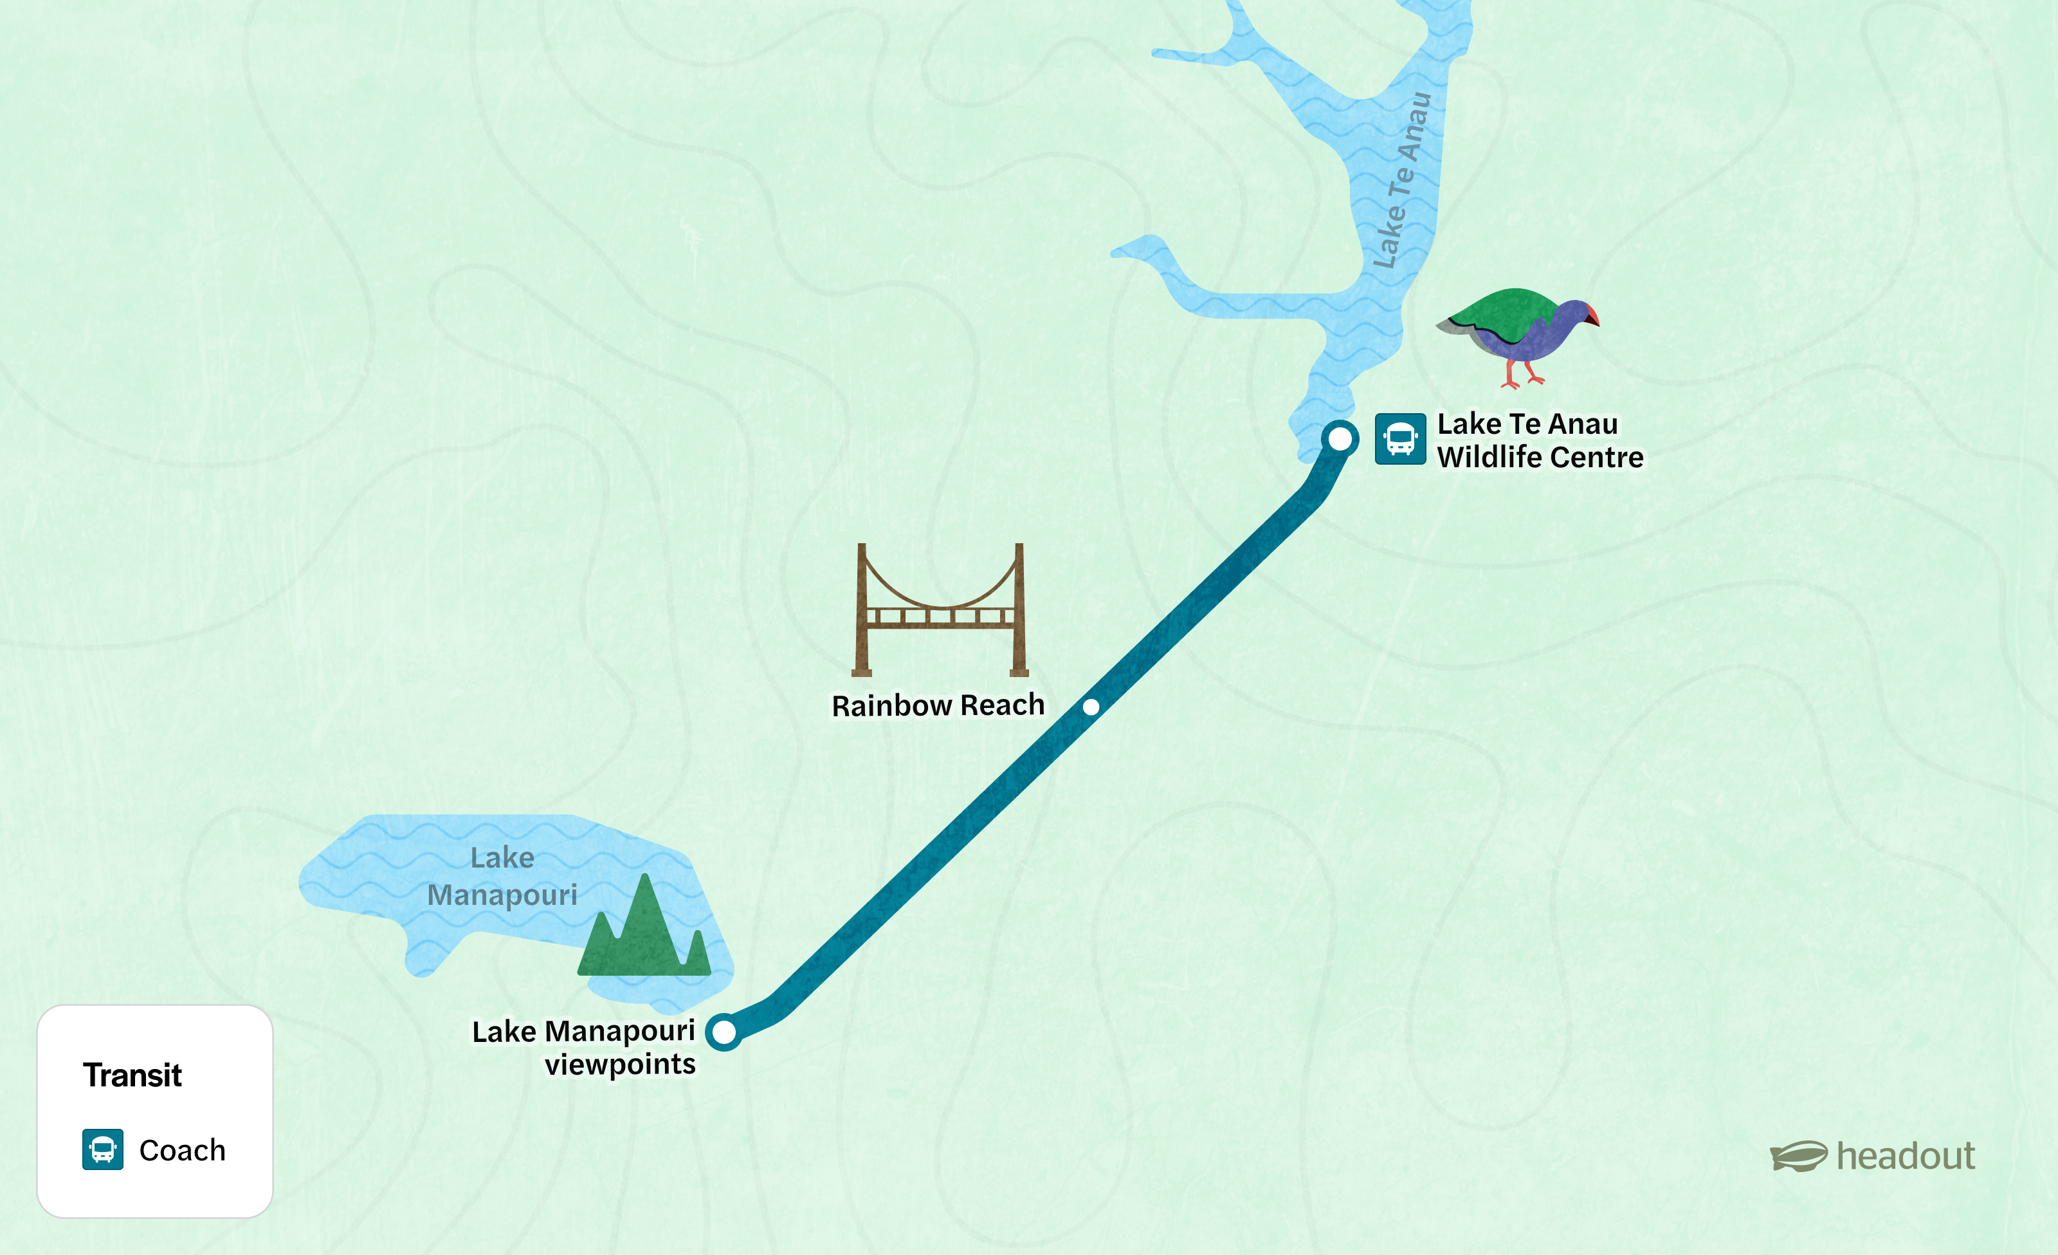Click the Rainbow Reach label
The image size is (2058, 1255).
pyautogui.click(x=937, y=705)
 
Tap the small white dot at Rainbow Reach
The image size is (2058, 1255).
pyautogui.click(x=1091, y=707)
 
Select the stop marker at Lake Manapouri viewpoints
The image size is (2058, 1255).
pyautogui.click(x=724, y=1032)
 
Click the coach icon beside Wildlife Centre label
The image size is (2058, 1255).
pyautogui.click(x=1400, y=439)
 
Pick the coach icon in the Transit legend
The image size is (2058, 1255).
pyautogui.click(x=103, y=1149)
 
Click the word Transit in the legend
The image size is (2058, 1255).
pyautogui.click(x=132, y=1075)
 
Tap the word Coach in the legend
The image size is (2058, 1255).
pyautogui.click(x=182, y=1151)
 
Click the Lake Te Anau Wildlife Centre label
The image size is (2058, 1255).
pyautogui.click(x=1540, y=440)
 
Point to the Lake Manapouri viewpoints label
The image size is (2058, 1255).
pyautogui.click(x=584, y=1048)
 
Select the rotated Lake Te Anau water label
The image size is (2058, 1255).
pyautogui.click(x=1403, y=180)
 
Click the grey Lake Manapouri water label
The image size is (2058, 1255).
pyautogui.click(x=502, y=877)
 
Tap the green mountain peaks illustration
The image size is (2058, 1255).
pyautogui.click(x=644, y=932)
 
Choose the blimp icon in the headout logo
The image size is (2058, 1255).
pyautogui.click(x=1798, y=1157)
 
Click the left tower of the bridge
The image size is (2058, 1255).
pyautogui.click(x=862, y=610)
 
